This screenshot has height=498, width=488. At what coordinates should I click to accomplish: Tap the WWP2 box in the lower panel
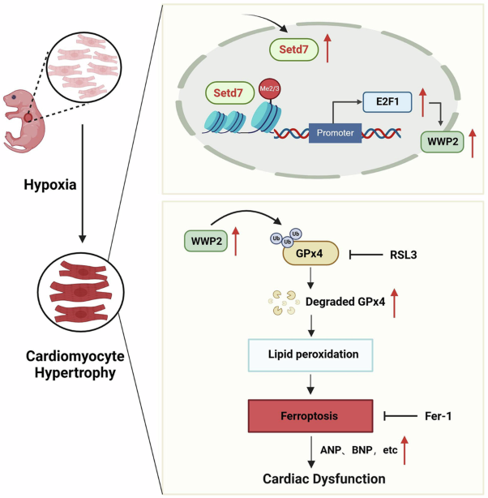click(205, 240)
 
